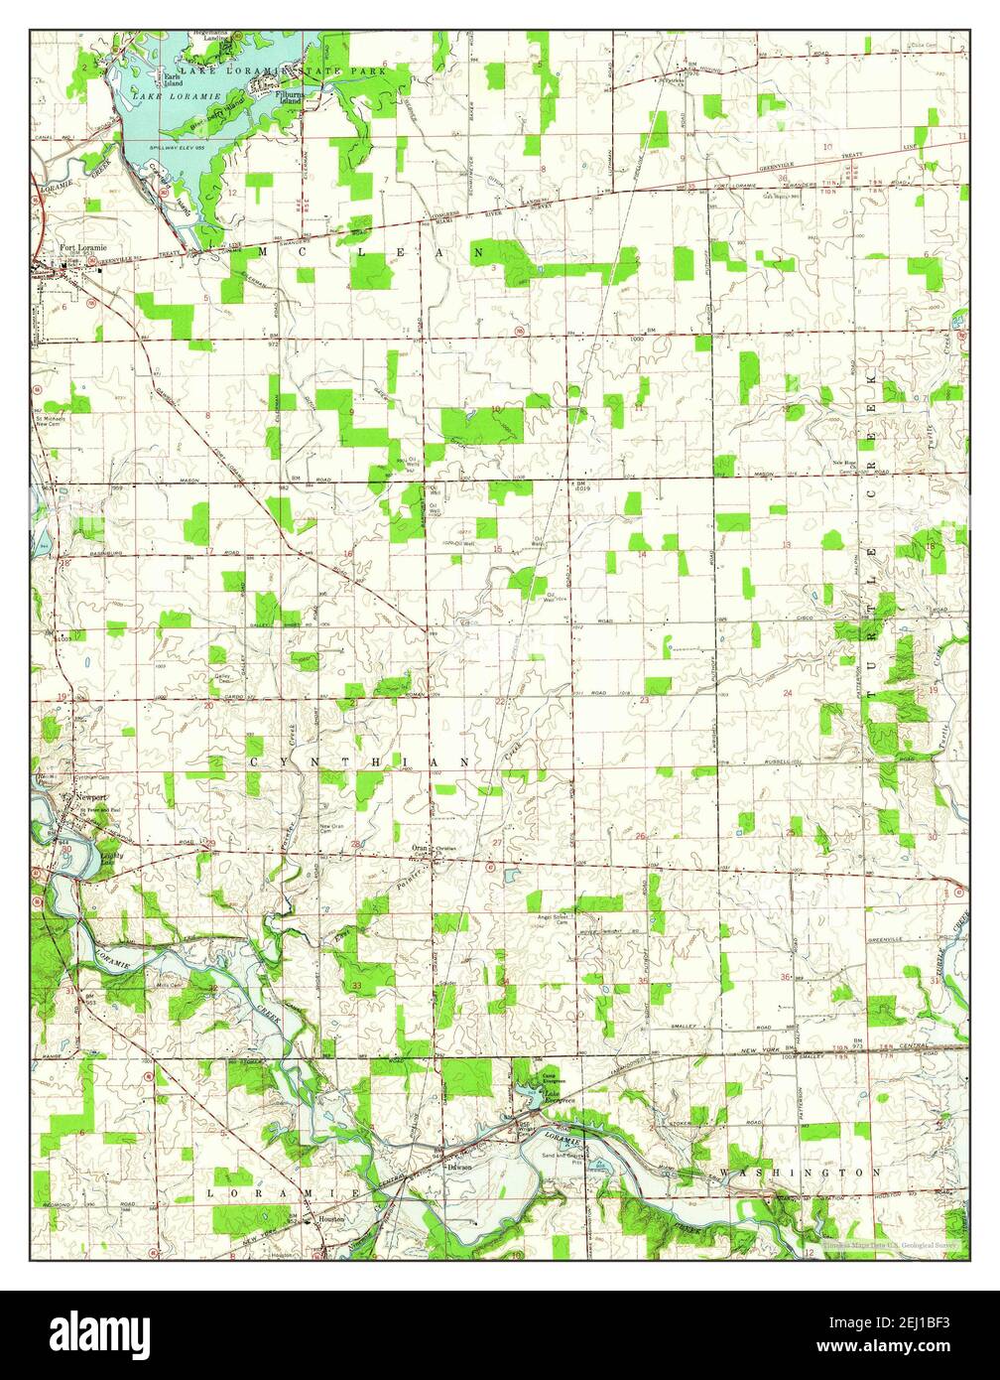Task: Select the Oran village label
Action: [420, 848]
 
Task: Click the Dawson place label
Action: [458, 1167]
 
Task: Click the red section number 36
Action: [786, 978]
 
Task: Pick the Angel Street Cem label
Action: [552, 919]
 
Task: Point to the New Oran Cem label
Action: [331, 829]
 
